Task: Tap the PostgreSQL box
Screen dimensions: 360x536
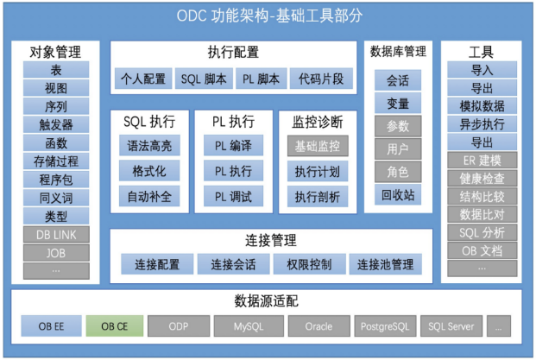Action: click(x=384, y=327)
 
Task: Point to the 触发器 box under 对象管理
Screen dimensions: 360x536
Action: click(x=56, y=125)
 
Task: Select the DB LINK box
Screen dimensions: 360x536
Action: click(x=56, y=235)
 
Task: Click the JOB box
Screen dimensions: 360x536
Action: click(x=56, y=253)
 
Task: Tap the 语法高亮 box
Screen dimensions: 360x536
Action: click(x=149, y=146)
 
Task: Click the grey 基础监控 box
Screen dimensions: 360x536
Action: click(x=317, y=146)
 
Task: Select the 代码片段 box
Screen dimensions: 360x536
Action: click(x=320, y=79)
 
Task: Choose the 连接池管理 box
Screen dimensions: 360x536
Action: click(x=385, y=264)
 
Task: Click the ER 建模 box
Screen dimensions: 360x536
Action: click(x=482, y=160)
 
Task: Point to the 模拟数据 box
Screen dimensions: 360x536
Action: click(x=482, y=105)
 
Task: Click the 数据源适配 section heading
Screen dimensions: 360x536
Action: click(x=268, y=301)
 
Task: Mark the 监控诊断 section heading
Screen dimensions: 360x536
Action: click(x=317, y=122)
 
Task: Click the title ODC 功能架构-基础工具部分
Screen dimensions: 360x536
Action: click(x=268, y=16)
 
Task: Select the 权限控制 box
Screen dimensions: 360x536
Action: click(x=307, y=264)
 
